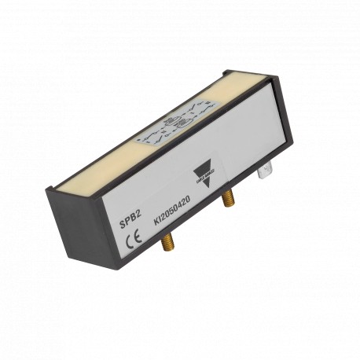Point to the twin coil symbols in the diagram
coord(174,123)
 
